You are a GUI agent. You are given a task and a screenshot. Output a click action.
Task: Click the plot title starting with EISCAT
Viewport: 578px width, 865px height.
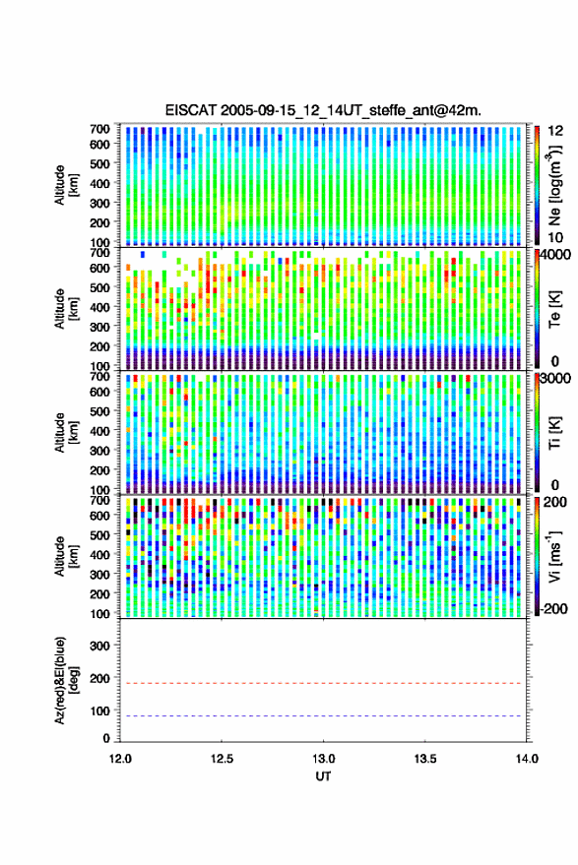pos(323,110)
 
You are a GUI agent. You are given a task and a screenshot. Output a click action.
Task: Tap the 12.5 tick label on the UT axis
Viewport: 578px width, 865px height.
pos(222,759)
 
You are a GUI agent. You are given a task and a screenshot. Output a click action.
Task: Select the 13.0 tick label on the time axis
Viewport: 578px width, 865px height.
pos(324,759)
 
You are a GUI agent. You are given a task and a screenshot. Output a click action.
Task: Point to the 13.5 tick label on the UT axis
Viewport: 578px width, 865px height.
pos(425,759)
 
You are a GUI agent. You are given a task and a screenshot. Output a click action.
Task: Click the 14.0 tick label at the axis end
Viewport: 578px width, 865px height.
pos(527,759)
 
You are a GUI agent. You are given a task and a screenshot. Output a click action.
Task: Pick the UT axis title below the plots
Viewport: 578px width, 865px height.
pos(324,776)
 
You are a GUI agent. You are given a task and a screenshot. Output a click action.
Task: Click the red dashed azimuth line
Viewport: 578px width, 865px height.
pos(324,683)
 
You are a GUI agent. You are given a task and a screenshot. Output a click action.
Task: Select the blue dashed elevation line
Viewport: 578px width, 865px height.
pos(324,716)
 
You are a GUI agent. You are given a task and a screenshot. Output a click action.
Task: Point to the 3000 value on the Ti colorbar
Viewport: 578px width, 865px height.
pos(555,378)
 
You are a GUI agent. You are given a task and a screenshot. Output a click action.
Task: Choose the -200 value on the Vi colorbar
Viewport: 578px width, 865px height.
pos(552,609)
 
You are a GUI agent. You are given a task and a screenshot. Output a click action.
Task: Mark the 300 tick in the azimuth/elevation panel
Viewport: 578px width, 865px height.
pos(99,646)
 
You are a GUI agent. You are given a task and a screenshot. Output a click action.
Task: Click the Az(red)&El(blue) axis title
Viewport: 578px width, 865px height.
pos(66,680)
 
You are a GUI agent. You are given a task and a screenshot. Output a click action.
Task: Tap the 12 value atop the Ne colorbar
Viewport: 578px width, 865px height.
pos(556,131)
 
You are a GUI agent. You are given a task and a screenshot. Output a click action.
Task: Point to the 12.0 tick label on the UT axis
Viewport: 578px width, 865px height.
pos(120,759)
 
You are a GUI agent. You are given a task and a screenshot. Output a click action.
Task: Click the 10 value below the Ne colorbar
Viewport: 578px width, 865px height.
pos(555,238)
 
